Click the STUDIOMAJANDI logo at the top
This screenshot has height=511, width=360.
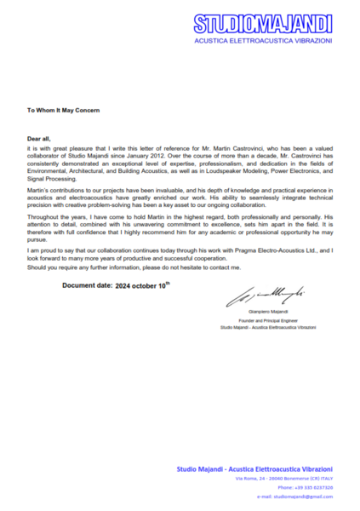pos(262,24)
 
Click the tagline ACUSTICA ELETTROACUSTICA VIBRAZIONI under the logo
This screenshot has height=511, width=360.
pos(262,40)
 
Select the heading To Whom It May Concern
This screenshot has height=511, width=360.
pos(62,110)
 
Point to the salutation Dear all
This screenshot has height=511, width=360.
pos(40,137)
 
